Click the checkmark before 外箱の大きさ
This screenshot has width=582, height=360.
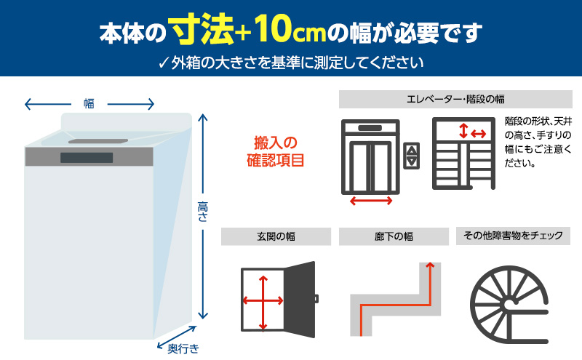pos(163,62)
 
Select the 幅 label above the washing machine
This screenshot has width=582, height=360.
pos(89,104)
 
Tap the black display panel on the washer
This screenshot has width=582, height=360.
pos(87,158)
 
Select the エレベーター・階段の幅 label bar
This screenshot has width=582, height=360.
pos(455,98)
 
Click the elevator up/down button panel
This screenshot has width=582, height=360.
pos(412,156)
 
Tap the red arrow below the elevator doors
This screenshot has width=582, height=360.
pos(370,200)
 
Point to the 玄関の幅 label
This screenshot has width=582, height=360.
pos(276,236)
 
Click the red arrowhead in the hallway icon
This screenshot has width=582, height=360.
pos(431,267)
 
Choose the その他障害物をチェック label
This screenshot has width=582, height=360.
pos(513,236)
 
